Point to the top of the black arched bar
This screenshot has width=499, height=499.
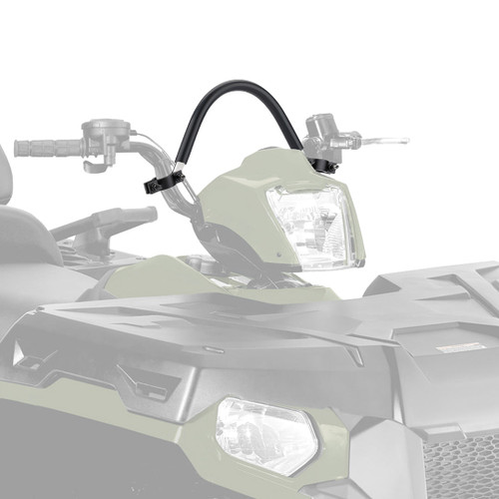[240, 90]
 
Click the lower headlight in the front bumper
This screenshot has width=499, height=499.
[264, 434]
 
